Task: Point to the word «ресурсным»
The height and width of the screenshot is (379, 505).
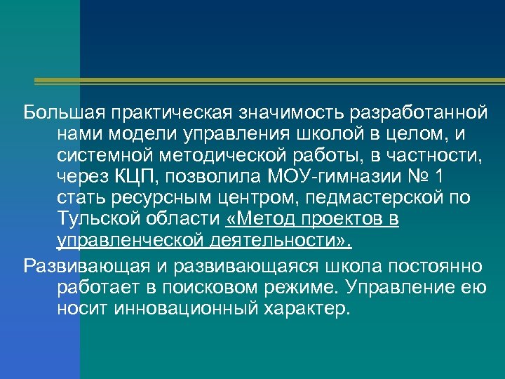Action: [158, 197]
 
